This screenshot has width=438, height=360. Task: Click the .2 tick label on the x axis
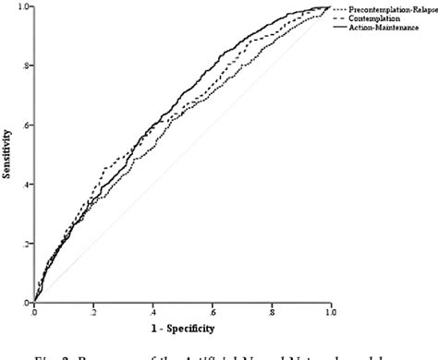[x=93, y=311]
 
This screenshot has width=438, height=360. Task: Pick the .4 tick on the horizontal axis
[x=152, y=311]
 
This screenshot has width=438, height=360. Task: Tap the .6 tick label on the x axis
[x=212, y=311]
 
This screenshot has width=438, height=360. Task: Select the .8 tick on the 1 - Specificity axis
[x=271, y=311]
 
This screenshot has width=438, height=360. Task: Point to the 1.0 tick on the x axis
[x=329, y=311]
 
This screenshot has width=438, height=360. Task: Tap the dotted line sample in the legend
[x=339, y=8]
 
